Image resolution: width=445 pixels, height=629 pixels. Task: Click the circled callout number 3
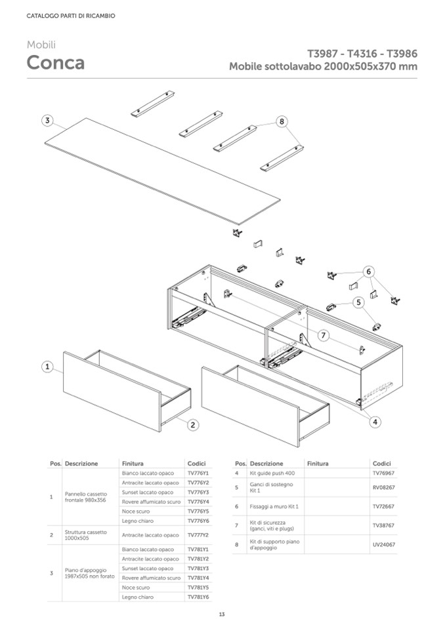click(47, 120)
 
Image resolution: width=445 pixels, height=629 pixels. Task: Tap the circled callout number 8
click(282, 121)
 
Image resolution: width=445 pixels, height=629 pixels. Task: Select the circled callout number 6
click(369, 271)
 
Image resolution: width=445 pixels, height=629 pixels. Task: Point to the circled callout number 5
click(358, 302)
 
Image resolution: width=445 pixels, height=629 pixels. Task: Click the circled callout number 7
click(323, 335)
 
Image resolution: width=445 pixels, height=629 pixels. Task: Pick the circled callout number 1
click(47, 367)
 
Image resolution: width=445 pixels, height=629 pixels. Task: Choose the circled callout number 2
click(194, 425)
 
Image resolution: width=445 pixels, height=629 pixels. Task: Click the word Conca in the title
click(55, 63)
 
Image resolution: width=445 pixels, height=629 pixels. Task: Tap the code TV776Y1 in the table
click(198, 473)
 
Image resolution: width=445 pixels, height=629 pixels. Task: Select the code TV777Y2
click(198, 535)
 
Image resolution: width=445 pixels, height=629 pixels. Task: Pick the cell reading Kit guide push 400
click(272, 473)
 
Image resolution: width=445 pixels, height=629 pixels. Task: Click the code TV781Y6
click(198, 597)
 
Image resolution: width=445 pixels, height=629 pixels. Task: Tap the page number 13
click(222, 615)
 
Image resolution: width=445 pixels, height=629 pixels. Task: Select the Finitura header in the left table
click(133, 463)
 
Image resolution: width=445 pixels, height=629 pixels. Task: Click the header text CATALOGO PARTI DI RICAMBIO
click(71, 16)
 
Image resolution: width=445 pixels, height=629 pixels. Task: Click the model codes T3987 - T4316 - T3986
click(362, 54)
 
